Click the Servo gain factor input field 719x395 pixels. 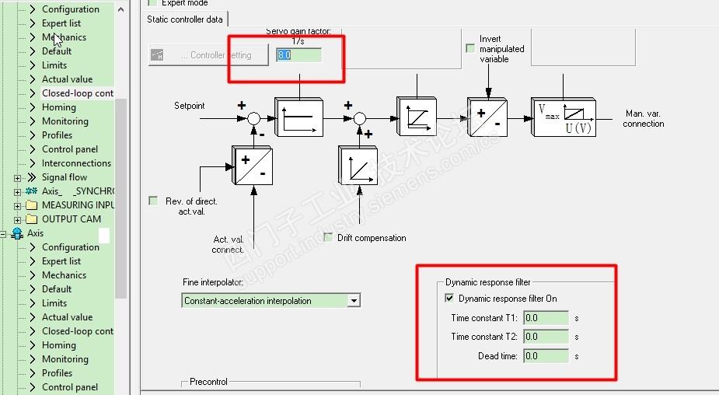tap(298, 55)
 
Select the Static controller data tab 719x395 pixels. tap(185, 19)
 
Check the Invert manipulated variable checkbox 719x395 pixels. tap(470, 48)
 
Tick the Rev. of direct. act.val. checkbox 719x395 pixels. tap(153, 201)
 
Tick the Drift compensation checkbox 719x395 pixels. tap(328, 237)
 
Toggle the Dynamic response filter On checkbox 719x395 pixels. tap(449, 298)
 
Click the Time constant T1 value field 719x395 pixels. tap(546, 317)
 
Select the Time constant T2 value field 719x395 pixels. tap(546, 337)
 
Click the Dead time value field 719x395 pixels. tap(546, 356)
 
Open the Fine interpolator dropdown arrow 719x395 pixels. tap(354, 301)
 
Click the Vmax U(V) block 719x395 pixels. tap(564, 117)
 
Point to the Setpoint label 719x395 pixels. tap(190, 106)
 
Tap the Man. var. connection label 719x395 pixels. tap(644, 118)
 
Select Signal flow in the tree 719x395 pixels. tap(64, 177)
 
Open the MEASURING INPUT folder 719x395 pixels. tap(78, 205)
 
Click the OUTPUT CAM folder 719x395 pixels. tap(71, 219)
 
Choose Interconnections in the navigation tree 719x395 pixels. tap(76, 163)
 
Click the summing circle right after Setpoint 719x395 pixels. tap(253, 118)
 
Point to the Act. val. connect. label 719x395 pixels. tap(229, 244)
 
